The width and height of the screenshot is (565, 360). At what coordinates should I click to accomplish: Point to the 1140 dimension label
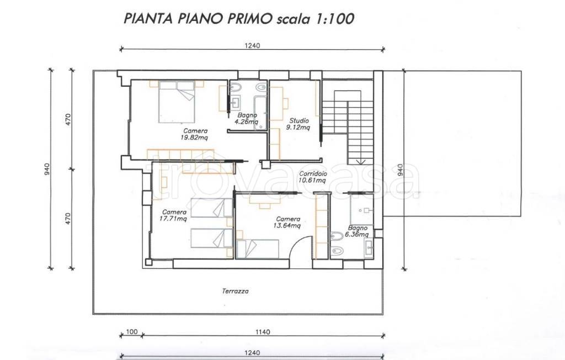tap(263, 332)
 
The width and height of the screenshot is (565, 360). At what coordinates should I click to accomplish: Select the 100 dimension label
tap(130, 332)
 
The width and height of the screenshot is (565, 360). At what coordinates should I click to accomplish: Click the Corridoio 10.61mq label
tap(312, 176)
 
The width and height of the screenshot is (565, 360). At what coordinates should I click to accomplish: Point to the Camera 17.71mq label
tap(174, 215)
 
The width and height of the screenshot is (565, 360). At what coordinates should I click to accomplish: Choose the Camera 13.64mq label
tap(287, 221)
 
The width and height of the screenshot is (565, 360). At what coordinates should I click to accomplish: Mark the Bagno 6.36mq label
tap(358, 230)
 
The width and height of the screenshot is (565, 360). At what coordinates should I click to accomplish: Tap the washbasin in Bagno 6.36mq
tap(368, 247)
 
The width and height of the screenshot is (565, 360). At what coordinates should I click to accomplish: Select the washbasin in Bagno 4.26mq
tap(236, 102)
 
